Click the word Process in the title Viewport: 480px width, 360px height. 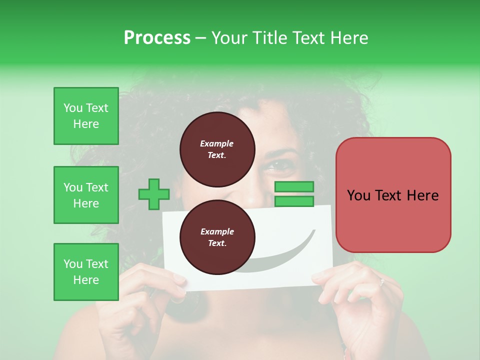(x=157, y=37)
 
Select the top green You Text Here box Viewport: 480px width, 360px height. (x=86, y=116)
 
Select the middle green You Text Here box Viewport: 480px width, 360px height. (x=86, y=195)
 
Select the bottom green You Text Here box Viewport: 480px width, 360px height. (x=86, y=272)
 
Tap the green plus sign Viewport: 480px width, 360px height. (x=154, y=194)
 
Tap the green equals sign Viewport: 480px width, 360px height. (x=294, y=194)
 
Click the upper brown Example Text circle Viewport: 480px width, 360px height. (x=217, y=149)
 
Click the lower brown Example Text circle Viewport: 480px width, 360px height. (x=217, y=237)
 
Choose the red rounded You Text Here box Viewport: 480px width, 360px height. (x=393, y=195)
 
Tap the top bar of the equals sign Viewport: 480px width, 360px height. (x=294, y=187)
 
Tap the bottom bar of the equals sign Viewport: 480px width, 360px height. (x=294, y=201)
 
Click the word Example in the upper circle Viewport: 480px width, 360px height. (x=217, y=143)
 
